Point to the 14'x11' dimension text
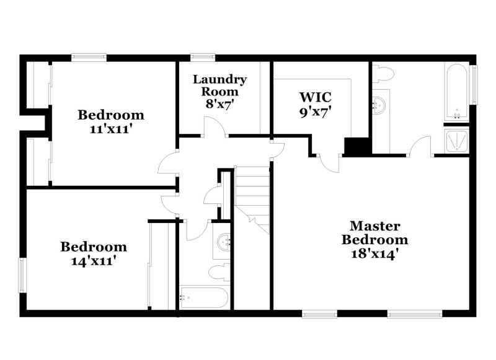coord(94,261)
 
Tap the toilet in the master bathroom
coord(384,74)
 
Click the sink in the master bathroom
coord(380,103)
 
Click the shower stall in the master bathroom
coord(457,140)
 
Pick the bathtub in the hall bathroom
coord(203,297)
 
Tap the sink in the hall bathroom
coord(222,239)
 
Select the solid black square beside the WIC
coord(356,146)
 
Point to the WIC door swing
coord(329,160)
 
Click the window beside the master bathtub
coord(474,85)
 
